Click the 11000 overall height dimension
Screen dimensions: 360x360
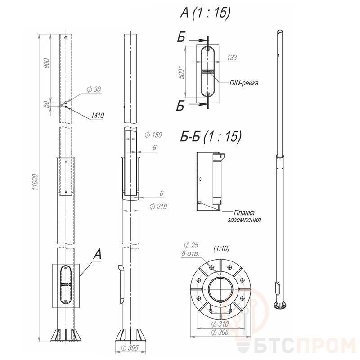35,182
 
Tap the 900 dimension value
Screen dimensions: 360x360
46,63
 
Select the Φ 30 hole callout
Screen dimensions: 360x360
94,89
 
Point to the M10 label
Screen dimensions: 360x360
98,116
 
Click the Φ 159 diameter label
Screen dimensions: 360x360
153,135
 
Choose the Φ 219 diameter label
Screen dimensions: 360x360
158,207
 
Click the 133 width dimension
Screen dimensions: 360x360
232,58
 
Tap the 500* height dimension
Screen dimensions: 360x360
181,72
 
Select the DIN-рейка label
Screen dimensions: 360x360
243,83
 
